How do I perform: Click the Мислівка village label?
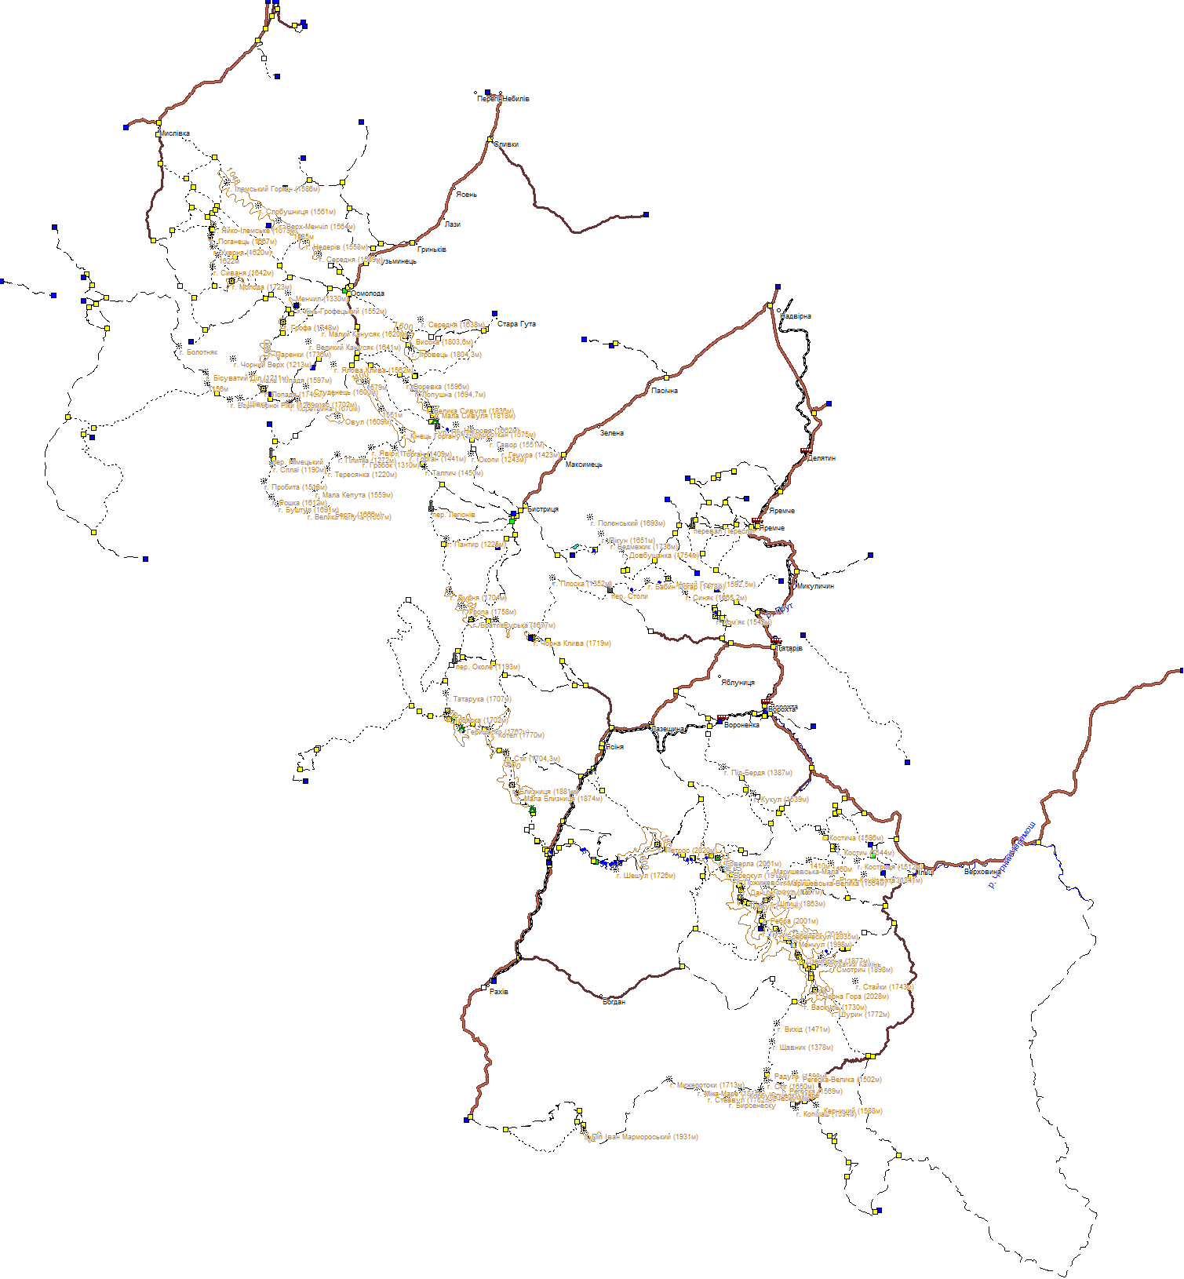pyautogui.click(x=175, y=134)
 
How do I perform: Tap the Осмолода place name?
pyautogui.click(x=367, y=294)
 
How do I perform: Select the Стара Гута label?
pyautogui.click(x=516, y=324)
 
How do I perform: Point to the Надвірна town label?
pyautogui.click(x=796, y=316)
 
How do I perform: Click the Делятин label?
pyautogui.click(x=822, y=458)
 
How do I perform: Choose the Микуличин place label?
pyautogui.click(x=815, y=586)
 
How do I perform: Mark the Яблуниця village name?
pyautogui.click(x=738, y=683)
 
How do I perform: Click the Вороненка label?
pyautogui.click(x=741, y=725)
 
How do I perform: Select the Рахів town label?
pyautogui.click(x=498, y=992)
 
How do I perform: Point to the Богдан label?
pyautogui.click(x=614, y=1002)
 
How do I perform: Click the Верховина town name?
pyautogui.click(x=982, y=872)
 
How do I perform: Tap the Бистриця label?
pyautogui.click(x=543, y=509)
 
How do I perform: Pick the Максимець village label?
pyautogui.click(x=584, y=465)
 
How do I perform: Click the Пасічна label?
pyautogui.click(x=665, y=391)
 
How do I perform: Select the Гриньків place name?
pyautogui.click(x=432, y=250)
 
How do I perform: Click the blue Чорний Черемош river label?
pyautogui.click(x=1011, y=855)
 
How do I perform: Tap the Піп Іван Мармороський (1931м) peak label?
pyautogui.click(x=643, y=1137)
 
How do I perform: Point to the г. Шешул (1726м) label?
pyautogui.click(x=646, y=876)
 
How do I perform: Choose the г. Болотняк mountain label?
pyautogui.click(x=199, y=352)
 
